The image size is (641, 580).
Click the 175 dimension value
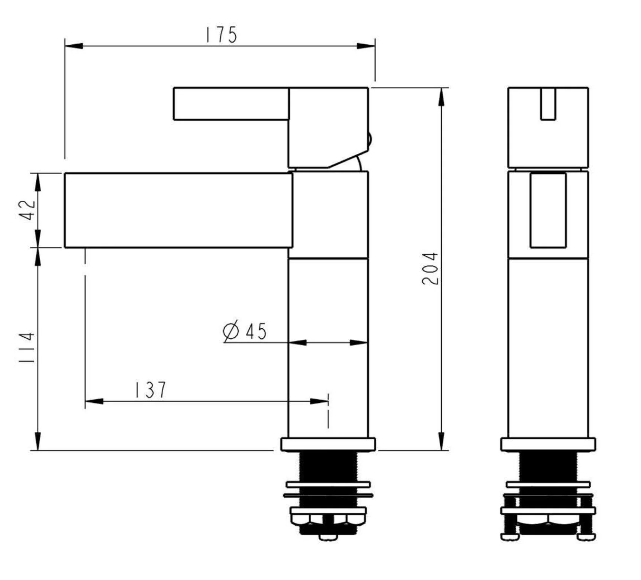221,35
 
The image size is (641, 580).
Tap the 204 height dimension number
431,269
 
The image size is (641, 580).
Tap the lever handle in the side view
231,104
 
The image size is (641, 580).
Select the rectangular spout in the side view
178,210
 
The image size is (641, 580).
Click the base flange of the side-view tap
328,444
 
